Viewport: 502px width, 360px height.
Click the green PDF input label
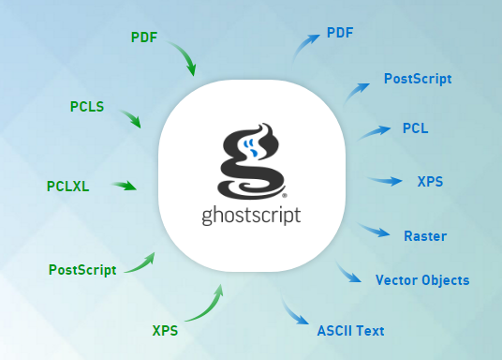pos(144,37)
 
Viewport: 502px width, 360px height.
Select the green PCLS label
pos(87,107)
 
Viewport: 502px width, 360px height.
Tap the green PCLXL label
pos(67,187)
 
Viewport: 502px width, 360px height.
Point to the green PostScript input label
pos(82,270)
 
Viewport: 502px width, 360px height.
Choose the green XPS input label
pos(165,331)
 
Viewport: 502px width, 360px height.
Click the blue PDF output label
pos(340,33)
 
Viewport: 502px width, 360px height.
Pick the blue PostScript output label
pos(418,79)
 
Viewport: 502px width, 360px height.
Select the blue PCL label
pos(415,128)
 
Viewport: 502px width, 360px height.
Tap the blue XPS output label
pos(430,182)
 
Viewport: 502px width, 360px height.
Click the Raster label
pos(425,236)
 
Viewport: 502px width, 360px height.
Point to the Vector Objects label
pos(422,280)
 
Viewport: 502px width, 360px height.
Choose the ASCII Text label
pos(350,331)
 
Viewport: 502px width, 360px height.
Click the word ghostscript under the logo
pos(251,216)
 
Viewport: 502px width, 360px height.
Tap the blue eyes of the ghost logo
pos(250,147)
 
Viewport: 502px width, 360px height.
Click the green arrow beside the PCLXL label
pos(125,186)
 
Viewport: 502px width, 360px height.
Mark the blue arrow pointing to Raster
pos(374,231)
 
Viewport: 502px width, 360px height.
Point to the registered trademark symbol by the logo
pos(285,195)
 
